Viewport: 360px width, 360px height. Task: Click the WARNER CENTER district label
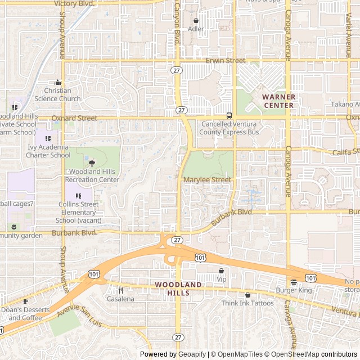278,101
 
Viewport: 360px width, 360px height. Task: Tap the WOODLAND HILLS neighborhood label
178,289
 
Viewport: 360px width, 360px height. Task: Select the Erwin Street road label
226,60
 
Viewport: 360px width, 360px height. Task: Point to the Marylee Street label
207,180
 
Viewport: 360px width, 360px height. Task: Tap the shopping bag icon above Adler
196,20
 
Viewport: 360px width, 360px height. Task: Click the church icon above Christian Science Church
58,82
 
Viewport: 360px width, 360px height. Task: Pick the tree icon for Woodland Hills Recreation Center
92,163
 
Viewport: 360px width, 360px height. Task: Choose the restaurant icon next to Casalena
120,290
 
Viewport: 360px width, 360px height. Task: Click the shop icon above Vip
221,271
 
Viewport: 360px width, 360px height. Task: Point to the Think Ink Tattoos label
247,303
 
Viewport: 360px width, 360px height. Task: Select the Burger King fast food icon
294,282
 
